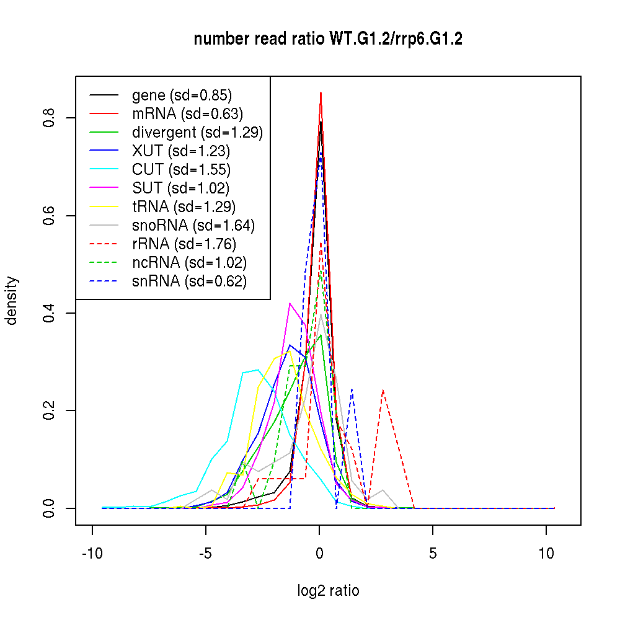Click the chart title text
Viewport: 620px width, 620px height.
coord(328,39)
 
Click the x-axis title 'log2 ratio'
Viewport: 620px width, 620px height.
coord(328,590)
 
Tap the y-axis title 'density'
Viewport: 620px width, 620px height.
coord(11,301)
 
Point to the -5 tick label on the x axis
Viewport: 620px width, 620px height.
coord(205,554)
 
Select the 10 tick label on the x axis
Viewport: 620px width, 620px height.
coord(546,554)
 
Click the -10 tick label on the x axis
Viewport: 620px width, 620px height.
coord(92,554)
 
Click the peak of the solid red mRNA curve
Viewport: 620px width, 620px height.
coord(321,92)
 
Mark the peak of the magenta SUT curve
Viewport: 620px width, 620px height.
coord(290,303)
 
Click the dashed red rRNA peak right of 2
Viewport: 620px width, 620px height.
coord(383,390)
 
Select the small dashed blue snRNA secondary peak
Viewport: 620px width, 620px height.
coord(352,389)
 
